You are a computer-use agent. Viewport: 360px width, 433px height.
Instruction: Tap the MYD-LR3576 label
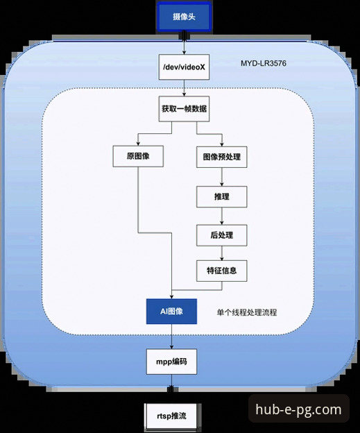[265, 64]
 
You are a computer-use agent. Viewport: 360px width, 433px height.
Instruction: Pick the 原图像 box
[138, 156]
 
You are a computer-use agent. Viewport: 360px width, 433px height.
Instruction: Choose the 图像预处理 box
[222, 156]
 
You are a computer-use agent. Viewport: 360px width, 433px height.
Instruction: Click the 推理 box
[222, 197]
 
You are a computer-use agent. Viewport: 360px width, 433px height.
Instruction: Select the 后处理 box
[222, 235]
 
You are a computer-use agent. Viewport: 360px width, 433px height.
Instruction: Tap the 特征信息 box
[222, 271]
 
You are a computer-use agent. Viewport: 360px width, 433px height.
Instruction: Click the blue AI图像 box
[172, 312]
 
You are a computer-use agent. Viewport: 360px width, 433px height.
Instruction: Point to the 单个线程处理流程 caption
[247, 312]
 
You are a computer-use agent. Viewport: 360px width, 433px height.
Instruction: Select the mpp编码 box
[172, 362]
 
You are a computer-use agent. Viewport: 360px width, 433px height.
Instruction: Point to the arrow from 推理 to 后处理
[222, 216]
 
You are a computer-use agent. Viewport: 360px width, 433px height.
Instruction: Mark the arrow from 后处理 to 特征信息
[222, 253]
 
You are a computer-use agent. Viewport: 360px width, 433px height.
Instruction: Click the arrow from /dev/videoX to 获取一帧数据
[183, 89]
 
